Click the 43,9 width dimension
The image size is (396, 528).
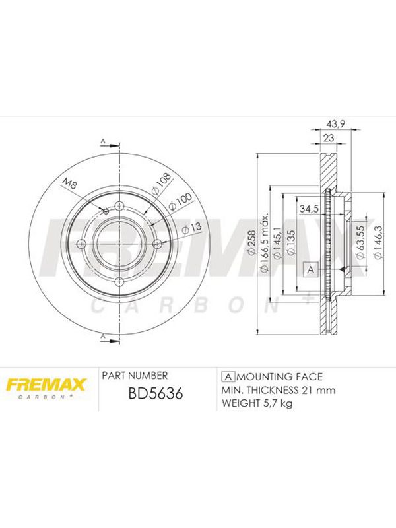(x=336, y=123)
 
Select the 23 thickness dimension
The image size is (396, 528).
(x=328, y=137)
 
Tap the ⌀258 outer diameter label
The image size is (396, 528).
(x=252, y=243)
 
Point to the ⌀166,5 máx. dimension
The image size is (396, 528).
(x=265, y=242)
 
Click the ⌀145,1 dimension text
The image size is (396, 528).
(x=277, y=242)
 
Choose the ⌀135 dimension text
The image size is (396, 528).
(x=290, y=242)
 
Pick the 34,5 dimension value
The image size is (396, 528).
(x=309, y=209)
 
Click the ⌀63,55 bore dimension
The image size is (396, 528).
(x=360, y=242)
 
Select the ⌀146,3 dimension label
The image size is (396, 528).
(x=378, y=242)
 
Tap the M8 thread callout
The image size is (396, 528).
(x=71, y=185)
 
